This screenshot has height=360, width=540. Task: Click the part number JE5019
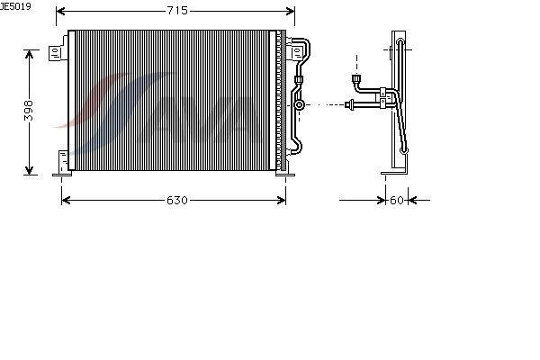click(x=15, y=6)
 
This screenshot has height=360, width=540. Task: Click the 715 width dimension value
click(x=176, y=11)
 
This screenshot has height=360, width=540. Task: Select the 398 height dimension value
click(x=30, y=111)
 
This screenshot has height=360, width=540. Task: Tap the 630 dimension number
click(x=176, y=200)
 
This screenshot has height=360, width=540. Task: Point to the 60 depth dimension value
click(x=397, y=200)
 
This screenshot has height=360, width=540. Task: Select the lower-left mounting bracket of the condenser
click(x=63, y=162)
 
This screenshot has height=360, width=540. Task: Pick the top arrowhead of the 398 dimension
click(x=30, y=52)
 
